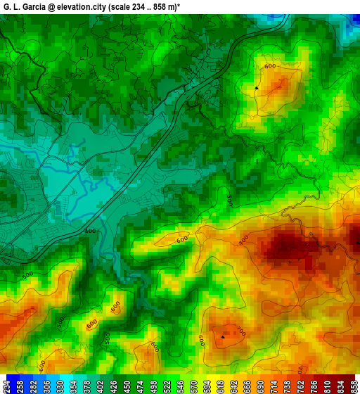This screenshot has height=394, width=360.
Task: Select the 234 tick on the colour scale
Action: point(6,386)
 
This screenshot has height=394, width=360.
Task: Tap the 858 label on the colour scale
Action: point(354,386)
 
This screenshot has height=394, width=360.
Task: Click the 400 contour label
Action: point(90,231)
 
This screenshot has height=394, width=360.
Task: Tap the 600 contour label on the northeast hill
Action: point(270,66)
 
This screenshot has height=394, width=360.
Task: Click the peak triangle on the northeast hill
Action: point(257,88)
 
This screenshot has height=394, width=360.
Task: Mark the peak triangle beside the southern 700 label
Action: point(223,337)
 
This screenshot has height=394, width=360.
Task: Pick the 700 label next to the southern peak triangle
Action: point(240,331)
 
